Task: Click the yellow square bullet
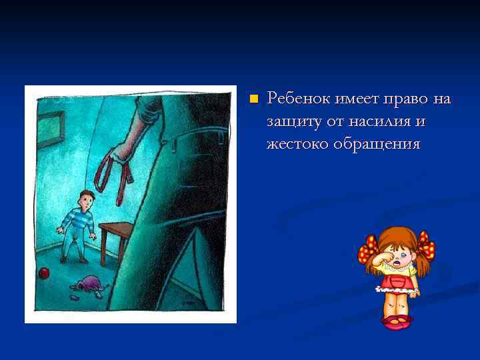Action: click(253, 99)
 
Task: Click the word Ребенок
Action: click(296, 99)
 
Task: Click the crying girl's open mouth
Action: click(398, 265)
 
